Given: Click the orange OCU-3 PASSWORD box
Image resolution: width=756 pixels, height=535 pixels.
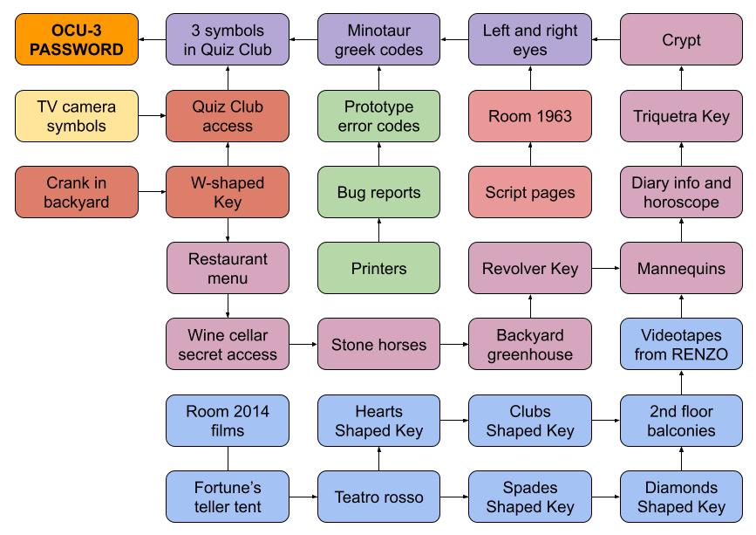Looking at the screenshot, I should tap(77, 40).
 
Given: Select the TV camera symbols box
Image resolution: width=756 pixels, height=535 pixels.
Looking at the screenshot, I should tap(77, 116).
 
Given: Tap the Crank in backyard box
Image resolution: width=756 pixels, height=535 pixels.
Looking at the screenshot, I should tap(77, 192).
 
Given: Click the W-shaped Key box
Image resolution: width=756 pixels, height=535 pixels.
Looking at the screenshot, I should tap(228, 192).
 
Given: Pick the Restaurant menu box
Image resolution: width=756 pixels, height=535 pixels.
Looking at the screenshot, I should tap(228, 268).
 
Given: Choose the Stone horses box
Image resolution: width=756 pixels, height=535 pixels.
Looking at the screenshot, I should tap(378, 344).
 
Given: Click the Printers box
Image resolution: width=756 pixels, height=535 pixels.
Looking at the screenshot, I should tap(378, 268).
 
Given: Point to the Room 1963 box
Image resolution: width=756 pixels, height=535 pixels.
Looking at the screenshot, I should tap(530, 116).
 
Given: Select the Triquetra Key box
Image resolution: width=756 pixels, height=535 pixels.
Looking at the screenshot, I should tap(681, 116).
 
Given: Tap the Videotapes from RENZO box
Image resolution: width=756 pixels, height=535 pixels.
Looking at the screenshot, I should tap(681, 344).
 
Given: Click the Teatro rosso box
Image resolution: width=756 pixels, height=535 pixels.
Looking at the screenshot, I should tap(378, 497).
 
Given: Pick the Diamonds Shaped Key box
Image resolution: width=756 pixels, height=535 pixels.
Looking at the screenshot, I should tap(681, 497).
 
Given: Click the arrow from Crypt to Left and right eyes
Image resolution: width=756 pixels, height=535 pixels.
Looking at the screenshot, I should tap(605, 40).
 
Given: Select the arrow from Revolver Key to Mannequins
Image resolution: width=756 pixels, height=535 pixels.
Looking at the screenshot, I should tap(605, 268).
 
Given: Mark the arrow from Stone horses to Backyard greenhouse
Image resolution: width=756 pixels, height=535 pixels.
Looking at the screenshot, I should tap(453, 344).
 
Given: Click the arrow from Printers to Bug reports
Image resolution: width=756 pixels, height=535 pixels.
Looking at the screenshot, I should tap(378, 230).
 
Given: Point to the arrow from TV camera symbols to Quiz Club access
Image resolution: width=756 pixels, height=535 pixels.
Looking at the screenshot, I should tap(152, 116).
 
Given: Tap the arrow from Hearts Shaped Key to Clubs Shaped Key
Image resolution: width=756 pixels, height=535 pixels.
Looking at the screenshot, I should tap(453, 421).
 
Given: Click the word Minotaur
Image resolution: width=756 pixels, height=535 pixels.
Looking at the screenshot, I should tap(379, 31).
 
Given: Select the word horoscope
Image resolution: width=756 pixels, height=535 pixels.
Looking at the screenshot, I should tap(681, 202).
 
